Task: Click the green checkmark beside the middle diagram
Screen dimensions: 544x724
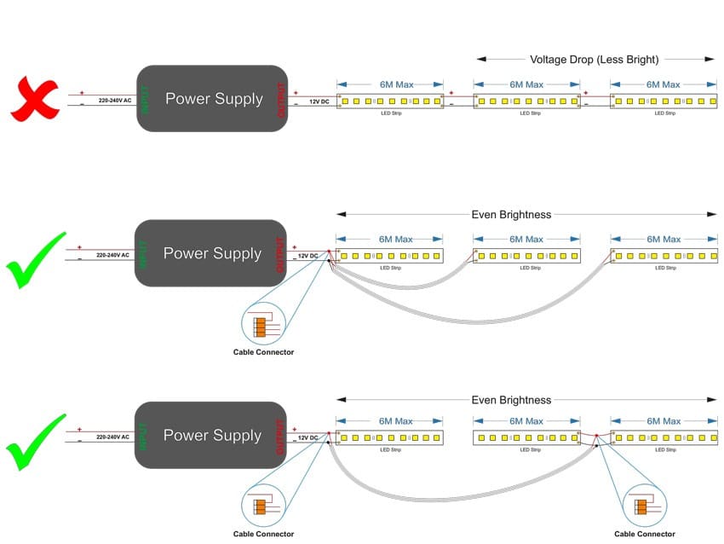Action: point(36,259)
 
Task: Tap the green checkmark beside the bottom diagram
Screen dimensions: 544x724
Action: point(36,442)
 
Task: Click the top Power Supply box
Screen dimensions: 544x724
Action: point(213,99)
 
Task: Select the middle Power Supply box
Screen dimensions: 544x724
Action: point(211,253)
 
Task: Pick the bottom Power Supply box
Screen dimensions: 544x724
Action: point(211,435)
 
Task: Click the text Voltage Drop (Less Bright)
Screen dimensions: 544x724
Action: point(595,59)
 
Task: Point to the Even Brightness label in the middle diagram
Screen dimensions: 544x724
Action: point(511,215)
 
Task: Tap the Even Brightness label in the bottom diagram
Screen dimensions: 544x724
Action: point(511,400)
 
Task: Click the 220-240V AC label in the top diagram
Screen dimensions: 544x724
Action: point(115,100)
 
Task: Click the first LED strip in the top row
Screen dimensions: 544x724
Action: point(391,101)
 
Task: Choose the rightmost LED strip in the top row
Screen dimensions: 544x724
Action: point(663,101)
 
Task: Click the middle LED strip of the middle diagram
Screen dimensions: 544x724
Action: point(527,256)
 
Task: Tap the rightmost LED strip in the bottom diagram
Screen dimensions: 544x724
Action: point(663,437)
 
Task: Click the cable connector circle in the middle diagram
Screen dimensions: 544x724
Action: point(263,327)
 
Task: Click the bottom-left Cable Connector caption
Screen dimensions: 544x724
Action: point(263,535)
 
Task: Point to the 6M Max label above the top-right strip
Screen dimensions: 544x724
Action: point(663,84)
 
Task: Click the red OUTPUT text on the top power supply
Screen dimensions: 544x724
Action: point(282,99)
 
